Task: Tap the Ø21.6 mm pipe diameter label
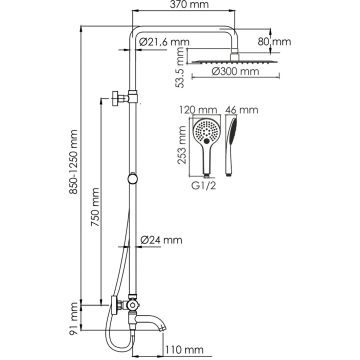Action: (164, 42)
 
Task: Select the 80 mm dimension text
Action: (274, 42)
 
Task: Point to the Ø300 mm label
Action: (235, 71)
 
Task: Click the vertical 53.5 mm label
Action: (180, 67)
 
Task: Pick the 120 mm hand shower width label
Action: (198, 110)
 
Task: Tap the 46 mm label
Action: (242, 110)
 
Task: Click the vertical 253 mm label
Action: (182, 145)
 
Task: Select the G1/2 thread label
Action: (204, 185)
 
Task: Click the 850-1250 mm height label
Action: (74, 162)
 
